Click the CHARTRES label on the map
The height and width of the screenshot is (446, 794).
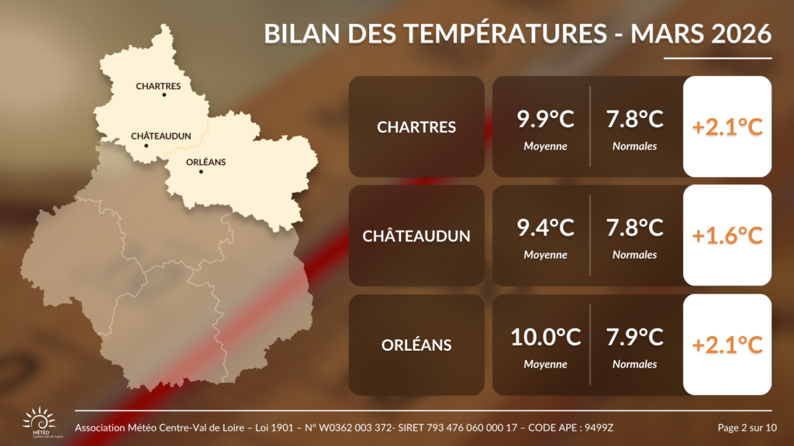[x=158, y=86]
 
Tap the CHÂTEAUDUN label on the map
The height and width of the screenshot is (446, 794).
[x=161, y=136]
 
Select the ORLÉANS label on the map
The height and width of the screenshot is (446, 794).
[x=206, y=162]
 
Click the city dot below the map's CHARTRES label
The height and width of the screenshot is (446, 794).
[x=164, y=94]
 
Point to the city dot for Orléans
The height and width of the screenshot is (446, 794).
[x=201, y=171]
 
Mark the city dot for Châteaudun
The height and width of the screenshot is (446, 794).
[x=146, y=145]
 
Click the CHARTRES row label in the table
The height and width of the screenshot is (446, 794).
[x=416, y=127]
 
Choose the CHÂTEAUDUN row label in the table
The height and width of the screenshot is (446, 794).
[x=416, y=236]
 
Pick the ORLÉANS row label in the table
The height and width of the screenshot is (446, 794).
[x=416, y=345]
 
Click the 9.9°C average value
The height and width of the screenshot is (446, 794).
[x=546, y=120]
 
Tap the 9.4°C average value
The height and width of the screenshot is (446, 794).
[x=546, y=228]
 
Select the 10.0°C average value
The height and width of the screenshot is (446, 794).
[x=546, y=338]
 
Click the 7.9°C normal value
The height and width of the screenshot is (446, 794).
[x=634, y=338]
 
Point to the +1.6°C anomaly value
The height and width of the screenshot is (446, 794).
[x=727, y=236]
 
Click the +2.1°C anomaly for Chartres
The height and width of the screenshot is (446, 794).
[x=727, y=127]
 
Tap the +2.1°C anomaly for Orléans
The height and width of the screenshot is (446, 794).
[x=727, y=345]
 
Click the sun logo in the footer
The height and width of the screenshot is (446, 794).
[x=40, y=421]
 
